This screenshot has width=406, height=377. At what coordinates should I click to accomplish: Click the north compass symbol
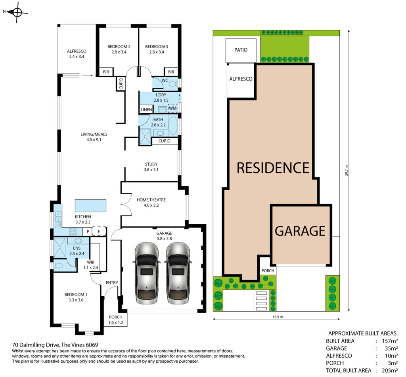click(17, 12)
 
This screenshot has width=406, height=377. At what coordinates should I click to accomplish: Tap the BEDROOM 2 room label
click(119, 49)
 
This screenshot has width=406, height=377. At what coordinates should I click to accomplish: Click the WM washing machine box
click(172, 108)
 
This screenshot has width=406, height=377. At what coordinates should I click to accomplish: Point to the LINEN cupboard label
click(146, 110)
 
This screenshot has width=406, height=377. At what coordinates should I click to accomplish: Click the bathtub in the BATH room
click(173, 125)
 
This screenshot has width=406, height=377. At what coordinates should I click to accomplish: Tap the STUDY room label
click(151, 167)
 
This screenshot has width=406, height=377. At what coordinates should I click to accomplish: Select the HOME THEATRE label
click(151, 202)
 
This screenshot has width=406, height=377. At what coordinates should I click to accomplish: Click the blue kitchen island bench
click(90, 206)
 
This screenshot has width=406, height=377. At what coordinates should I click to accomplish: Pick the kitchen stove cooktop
click(73, 231)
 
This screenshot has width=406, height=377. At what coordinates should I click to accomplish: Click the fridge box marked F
click(99, 231)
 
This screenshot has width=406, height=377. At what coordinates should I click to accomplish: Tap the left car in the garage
click(146, 273)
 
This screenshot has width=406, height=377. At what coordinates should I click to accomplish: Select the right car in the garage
click(178, 273)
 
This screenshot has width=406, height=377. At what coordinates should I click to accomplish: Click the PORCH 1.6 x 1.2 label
click(116, 320)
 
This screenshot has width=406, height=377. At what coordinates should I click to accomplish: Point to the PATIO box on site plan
click(241, 50)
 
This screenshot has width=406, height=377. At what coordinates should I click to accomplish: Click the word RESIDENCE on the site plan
click(273, 168)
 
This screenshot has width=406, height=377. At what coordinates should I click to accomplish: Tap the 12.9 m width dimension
click(278, 317)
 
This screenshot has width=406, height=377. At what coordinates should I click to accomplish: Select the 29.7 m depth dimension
click(347, 170)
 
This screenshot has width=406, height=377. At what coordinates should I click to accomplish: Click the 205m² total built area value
click(390, 370)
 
